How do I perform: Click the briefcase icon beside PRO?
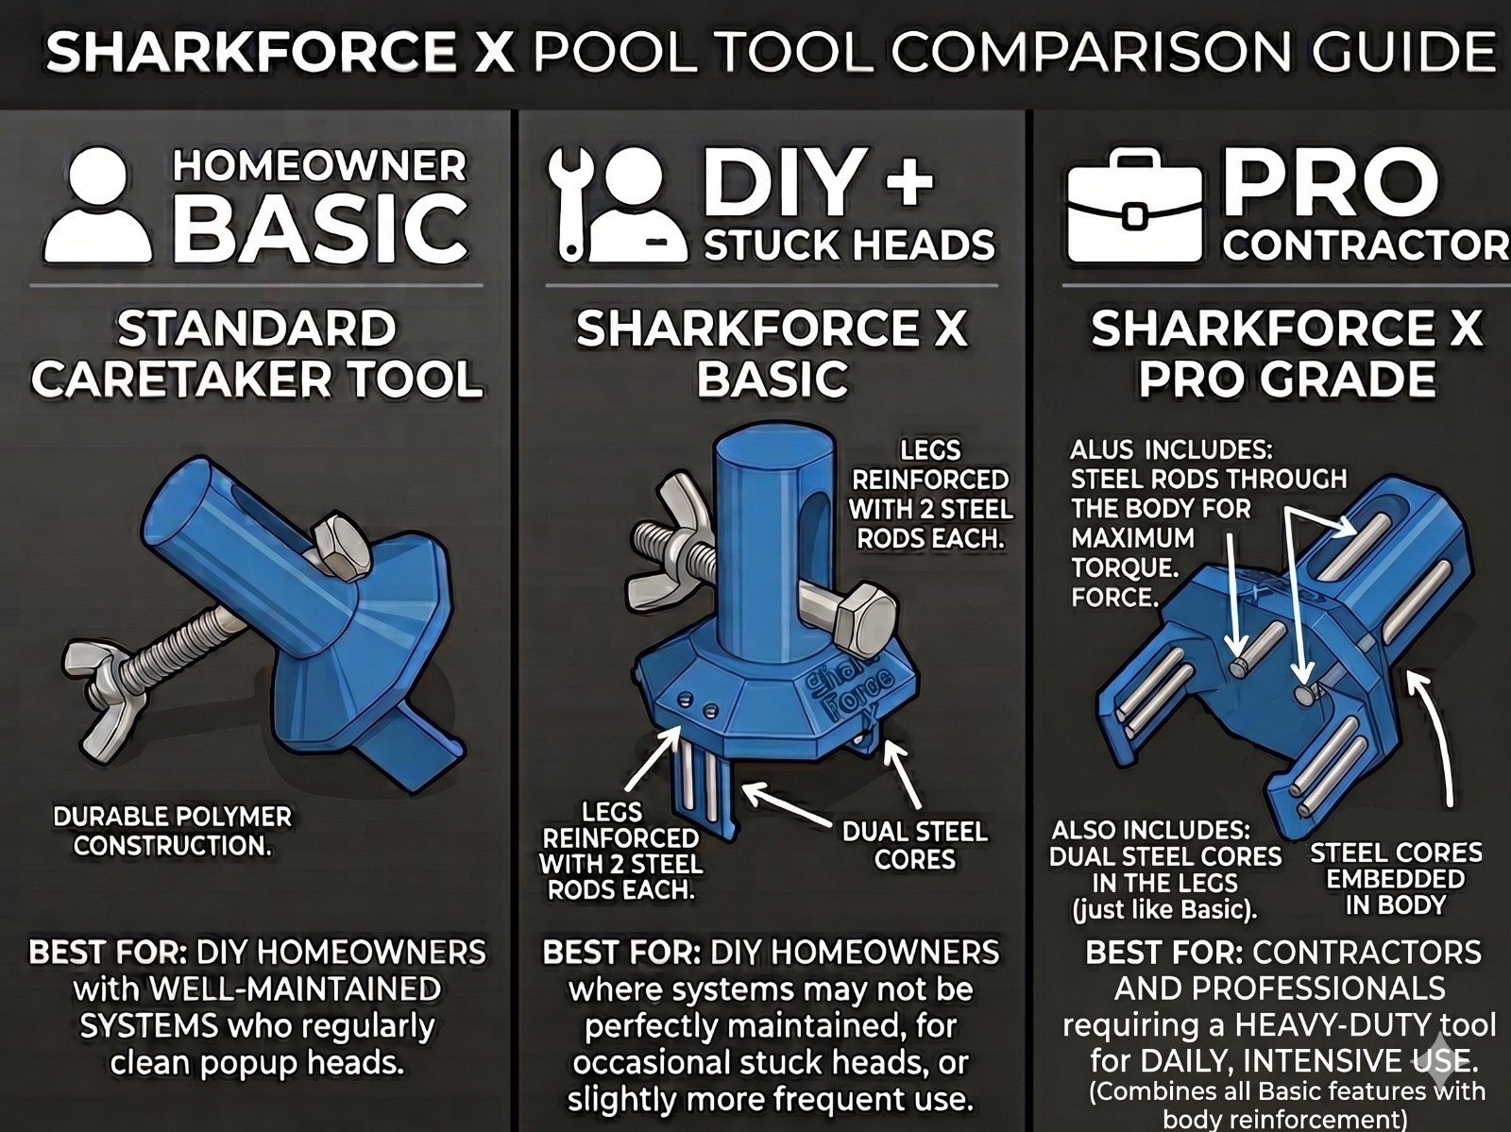(1134, 206)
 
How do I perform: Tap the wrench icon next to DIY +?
(572, 204)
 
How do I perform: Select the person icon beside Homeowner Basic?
(97, 207)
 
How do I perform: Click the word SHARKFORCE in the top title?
(250, 52)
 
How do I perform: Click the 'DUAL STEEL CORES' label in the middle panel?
(915, 846)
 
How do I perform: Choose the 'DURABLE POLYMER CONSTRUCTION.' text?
(172, 831)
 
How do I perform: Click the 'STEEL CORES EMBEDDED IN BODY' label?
(1396, 879)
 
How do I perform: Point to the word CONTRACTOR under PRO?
(1366, 245)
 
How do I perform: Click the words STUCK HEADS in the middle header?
(849, 245)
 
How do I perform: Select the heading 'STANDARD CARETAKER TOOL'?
(257, 354)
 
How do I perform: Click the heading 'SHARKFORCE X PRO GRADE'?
(1286, 354)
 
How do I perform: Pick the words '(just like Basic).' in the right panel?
(1164, 910)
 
